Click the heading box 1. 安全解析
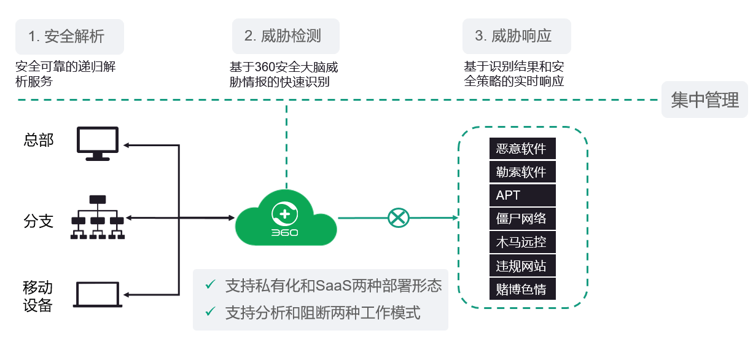coord(69,36)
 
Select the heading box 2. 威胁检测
coord(286,36)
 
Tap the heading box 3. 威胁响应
coord(517,36)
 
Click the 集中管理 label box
coord(704,100)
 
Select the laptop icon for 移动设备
coord(98,295)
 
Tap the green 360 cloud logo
coord(286,218)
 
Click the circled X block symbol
coord(399,217)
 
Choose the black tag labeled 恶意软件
coord(523,149)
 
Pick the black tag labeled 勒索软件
coord(523,172)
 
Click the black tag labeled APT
coord(523,195)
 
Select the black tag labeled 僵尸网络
coord(523,219)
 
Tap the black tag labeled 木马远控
coord(523,242)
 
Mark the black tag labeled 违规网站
coord(523,265)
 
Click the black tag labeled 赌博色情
coord(523,289)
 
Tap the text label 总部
coord(39,140)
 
